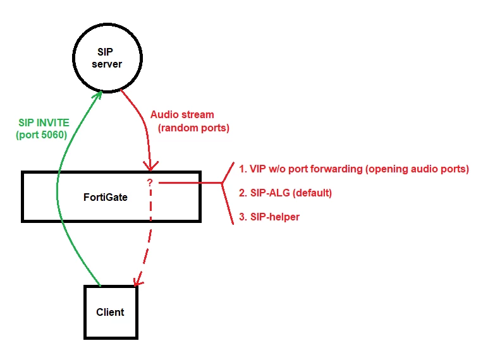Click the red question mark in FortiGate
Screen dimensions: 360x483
point(150,183)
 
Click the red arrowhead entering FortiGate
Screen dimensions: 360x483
point(150,167)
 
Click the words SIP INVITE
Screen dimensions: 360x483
point(44,123)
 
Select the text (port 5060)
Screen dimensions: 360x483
point(42,135)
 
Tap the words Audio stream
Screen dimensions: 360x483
point(182,115)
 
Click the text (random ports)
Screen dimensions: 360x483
point(193,128)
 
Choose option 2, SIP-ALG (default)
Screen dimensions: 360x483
point(285,193)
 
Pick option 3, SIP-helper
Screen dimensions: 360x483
point(269,217)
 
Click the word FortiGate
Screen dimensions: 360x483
point(106,197)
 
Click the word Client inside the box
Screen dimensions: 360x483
point(110,312)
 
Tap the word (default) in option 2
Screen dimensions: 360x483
point(312,193)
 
